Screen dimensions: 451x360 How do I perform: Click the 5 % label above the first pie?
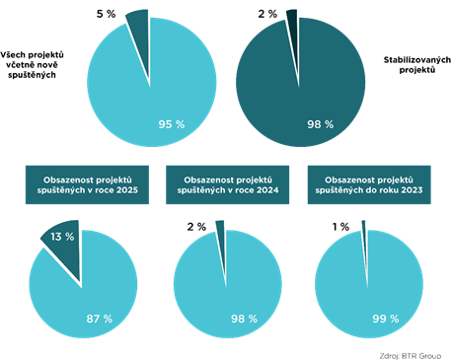click(106, 14)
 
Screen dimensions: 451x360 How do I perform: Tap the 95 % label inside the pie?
click(172, 124)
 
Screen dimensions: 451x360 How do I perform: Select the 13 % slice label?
click(62, 237)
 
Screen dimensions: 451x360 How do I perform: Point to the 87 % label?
click(100, 319)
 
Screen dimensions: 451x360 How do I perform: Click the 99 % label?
click(386, 319)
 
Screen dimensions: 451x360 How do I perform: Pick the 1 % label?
click(340, 227)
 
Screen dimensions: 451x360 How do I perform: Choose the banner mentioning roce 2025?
click(87, 184)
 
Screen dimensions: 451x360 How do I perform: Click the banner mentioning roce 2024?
click(227, 184)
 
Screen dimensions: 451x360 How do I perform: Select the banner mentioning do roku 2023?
click(369, 184)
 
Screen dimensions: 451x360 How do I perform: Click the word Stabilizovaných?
click(417, 60)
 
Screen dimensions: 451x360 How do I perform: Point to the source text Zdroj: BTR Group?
click(411, 356)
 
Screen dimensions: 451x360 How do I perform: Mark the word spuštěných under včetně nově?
click(32, 75)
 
